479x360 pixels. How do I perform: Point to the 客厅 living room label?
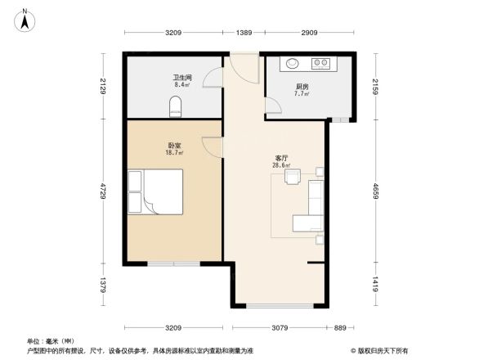[282, 158]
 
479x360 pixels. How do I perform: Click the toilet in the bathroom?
[174, 106]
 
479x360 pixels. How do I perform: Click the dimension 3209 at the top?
[172, 32]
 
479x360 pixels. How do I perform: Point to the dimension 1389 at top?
[244, 32]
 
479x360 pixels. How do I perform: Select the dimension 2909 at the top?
[308, 32]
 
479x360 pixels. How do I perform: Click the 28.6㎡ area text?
[282, 165]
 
